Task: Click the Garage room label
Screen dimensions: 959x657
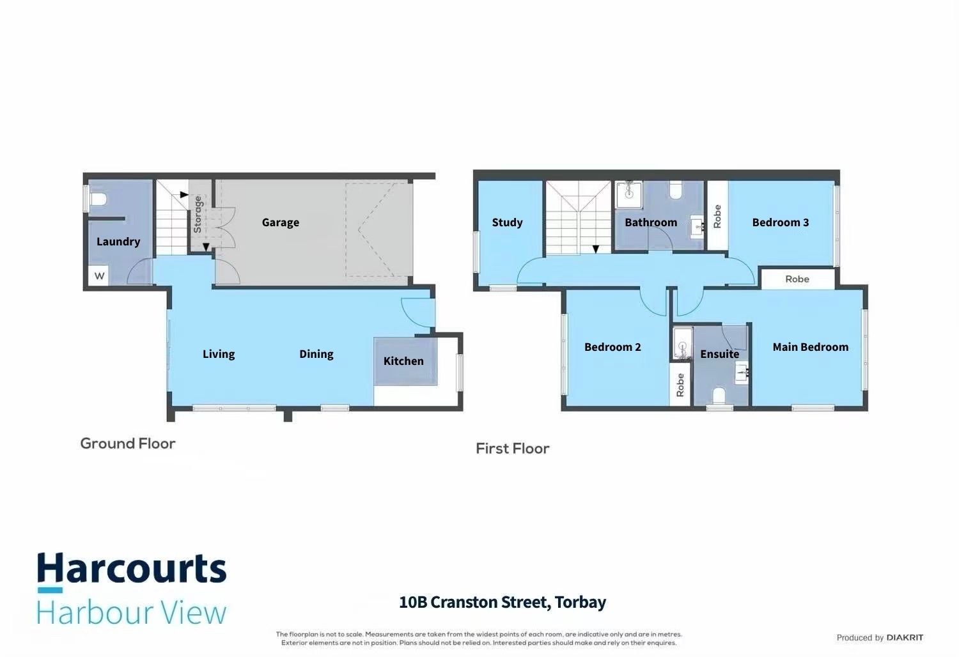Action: pyautogui.click(x=281, y=222)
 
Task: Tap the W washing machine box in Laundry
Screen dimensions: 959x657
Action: pyautogui.click(x=99, y=275)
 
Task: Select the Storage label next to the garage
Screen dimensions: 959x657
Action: pyautogui.click(x=198, y=215)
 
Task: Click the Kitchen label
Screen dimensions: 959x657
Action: pyautogui.click(x=403, y=361)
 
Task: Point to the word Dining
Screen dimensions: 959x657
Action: pyautogui.click(x=316, y=355)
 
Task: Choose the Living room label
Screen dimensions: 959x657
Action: pyautogui.click(x=219, y=355)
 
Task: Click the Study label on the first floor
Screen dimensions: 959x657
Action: pyautogui.click(x=508, y=222)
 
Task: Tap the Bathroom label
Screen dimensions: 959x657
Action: pyautogui.click(x=651, y=222)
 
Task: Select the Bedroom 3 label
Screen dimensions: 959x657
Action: pyautogui.click(x=781, y=222)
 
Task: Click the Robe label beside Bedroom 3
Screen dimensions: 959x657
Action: pyautogui.click(x=717, y=216)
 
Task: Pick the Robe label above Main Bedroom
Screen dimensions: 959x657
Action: pyautogui.click(x=797, y=279)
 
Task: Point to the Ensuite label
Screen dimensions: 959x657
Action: pyautogui.click(x=720, y=354)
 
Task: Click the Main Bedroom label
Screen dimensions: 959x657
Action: pyautogui.click(x=811, y=347)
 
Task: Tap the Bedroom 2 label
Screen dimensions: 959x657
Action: pyautogui.click(x=612, y=347)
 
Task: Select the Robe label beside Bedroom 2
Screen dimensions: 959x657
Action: pyautogui.click(x=680, y=385)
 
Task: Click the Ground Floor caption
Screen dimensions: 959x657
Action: pyautogui.click(x=128, y=444)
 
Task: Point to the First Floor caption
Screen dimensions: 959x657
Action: pyautogui.click(x=513, y=449)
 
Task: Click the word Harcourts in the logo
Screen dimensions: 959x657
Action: pyautogui.click(x=132, y=568)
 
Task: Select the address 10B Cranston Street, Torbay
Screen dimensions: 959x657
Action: pyautogui.click(x=503, y=602)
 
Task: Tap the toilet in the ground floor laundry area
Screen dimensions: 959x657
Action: pyautogui.click(x=98, y=199)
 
